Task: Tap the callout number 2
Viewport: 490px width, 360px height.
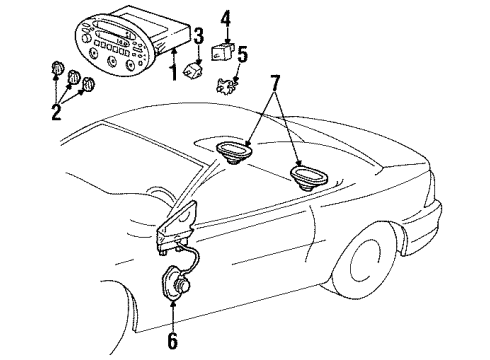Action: (56, 112)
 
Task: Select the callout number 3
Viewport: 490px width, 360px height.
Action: (199, 36)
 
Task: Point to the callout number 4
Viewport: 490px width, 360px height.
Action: (226, 18)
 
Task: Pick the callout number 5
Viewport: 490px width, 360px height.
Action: (243, 54)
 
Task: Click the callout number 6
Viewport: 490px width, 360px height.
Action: (172, 340)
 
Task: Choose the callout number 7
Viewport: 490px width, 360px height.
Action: (275, 83)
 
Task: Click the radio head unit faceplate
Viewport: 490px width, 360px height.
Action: (112, 45)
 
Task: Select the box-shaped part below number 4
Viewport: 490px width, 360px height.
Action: (222, 51)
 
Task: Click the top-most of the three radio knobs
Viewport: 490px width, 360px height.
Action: (57, 68)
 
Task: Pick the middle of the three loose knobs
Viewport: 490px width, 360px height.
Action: (73, 77)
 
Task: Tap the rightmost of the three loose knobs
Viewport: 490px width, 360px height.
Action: (88, 84)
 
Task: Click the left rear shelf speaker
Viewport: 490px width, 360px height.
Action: (234, 152)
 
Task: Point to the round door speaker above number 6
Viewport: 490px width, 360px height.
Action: (176, 283)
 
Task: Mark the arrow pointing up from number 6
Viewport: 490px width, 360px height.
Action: (173, 315)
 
